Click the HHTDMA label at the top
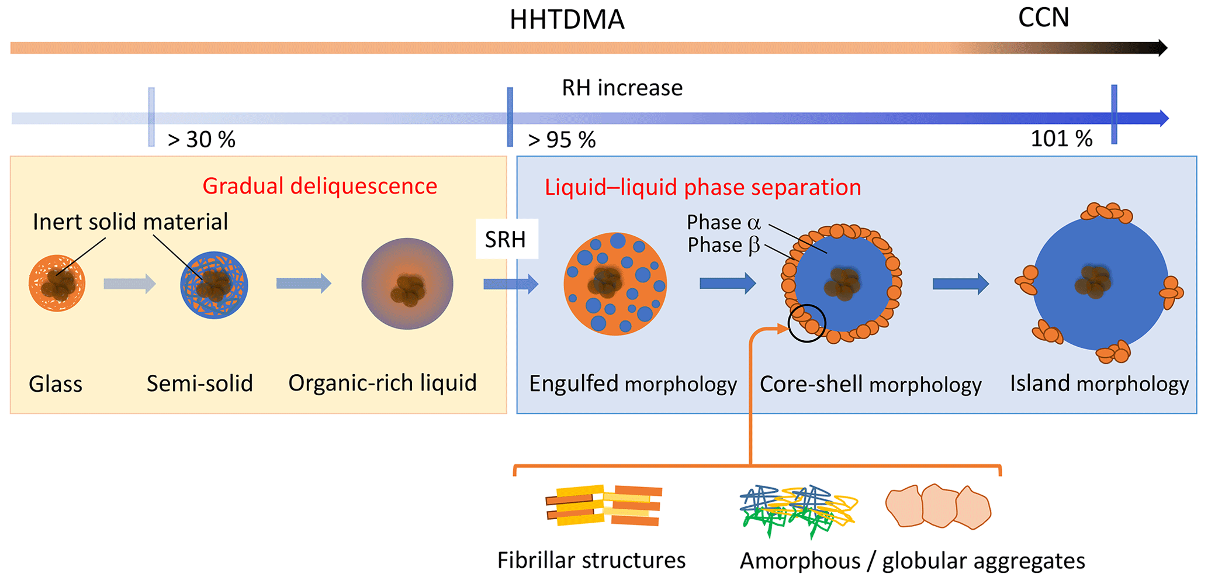[567, 20]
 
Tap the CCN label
[1043, 18]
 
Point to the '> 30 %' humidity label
[201, 140]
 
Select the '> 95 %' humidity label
[562, 140]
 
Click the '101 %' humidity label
[1061, 139]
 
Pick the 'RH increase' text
[622, 88]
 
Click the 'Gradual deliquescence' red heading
[320, 186]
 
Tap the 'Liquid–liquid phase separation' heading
[702, 187]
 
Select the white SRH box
[506, 239]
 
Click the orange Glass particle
[57, 284]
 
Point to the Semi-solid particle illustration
[214, 285]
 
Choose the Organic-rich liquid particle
[407, 284]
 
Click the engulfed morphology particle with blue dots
[615, 284]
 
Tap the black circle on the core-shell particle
[807, 323]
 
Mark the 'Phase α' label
[724, 223]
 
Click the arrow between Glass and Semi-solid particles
[130, 284]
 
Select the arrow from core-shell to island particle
[960, 284]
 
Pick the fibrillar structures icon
[604, 505]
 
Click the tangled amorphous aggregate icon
[798, 509]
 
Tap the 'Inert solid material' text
[130, 222]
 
